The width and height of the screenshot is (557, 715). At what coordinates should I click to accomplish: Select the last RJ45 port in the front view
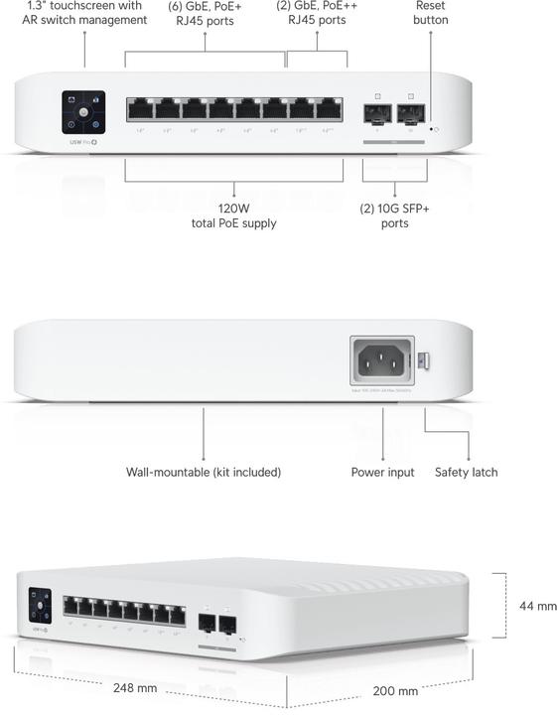(x=330, y=110)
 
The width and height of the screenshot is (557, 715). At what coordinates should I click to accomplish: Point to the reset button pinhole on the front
(x=430, y=129)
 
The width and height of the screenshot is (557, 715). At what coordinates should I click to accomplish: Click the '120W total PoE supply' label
(x=233, y=216)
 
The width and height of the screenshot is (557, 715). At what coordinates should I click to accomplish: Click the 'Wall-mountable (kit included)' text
(x=204, y=473)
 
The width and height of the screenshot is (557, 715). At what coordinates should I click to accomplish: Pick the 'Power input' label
(x=383, y=473)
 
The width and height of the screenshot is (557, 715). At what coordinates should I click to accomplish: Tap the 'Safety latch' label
(x=466, y=473)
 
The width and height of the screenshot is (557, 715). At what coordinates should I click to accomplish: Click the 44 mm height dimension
(x=538, y=606)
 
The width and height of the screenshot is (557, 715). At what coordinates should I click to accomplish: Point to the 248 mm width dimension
(x=136, y=687)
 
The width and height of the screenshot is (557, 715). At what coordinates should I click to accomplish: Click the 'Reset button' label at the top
(x=431, y=13)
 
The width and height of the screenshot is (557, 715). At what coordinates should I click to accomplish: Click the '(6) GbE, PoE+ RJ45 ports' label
(x=205, y=13)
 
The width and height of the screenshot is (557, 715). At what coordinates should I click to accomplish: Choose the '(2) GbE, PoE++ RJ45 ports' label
(x=318, y=13)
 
